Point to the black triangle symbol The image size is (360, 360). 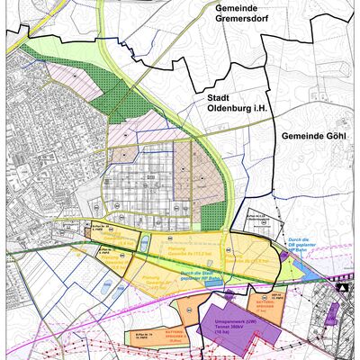coord(342,288)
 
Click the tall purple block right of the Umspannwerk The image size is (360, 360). coord(331,315)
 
